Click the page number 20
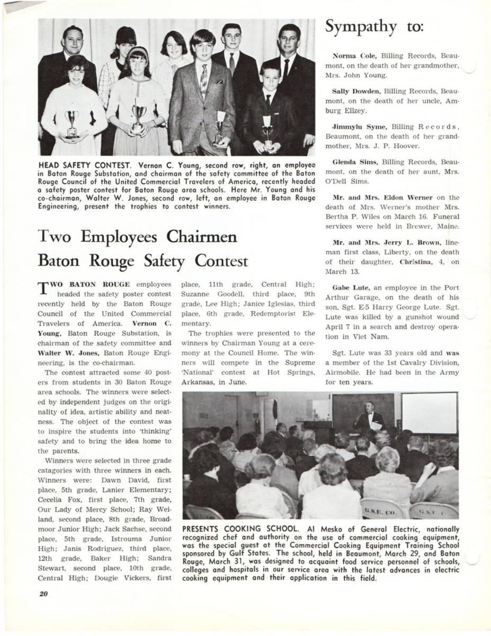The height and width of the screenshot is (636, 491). click(x=43, y=594)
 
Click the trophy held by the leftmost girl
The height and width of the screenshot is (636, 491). click(x=72, y=123)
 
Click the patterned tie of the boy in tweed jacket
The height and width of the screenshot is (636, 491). click(x=204, y=81)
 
